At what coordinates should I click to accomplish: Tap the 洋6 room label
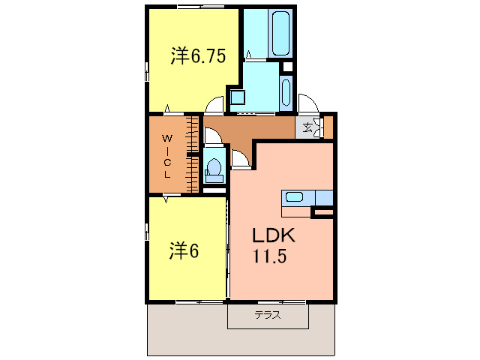[184, 251]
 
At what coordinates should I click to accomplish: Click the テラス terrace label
[267, 316]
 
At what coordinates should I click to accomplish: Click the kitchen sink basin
[293, 197]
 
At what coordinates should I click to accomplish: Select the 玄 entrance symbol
[308, 127]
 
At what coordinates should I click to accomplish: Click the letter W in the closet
[169, 139]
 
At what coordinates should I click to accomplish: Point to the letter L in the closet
[169, 174]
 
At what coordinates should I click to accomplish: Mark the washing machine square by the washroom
[238, 96]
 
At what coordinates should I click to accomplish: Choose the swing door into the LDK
[241, 159]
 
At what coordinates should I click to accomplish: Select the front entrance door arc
[307, 103]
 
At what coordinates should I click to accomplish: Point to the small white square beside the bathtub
[286, 67]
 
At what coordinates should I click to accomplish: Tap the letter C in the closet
[169, 162]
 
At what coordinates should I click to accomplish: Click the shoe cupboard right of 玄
[327, 127]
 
